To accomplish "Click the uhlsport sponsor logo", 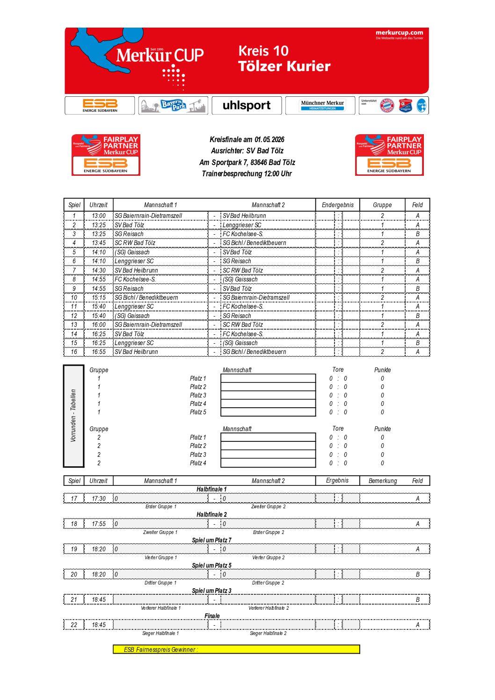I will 247,105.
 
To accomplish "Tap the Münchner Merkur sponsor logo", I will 322,105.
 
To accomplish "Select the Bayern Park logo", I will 173,105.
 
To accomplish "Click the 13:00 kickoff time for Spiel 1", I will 99,216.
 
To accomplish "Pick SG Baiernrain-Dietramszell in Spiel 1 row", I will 148,216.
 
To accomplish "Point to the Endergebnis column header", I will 338,205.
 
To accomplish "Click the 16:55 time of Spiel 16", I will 99,352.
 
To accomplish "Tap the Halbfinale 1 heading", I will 211,489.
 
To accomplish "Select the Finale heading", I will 212,616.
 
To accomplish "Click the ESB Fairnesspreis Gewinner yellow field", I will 236,649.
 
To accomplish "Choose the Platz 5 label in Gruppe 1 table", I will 198,412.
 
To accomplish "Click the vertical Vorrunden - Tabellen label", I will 73,416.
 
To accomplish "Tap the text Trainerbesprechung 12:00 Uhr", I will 247,173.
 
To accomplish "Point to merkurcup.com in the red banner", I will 399,33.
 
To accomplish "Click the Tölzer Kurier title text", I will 284,66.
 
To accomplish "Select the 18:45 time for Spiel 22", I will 99,625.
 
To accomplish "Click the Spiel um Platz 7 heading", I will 211,540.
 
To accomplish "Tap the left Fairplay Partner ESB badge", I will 106,155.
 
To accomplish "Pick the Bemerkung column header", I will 382,481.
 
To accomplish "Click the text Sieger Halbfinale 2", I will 268,633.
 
